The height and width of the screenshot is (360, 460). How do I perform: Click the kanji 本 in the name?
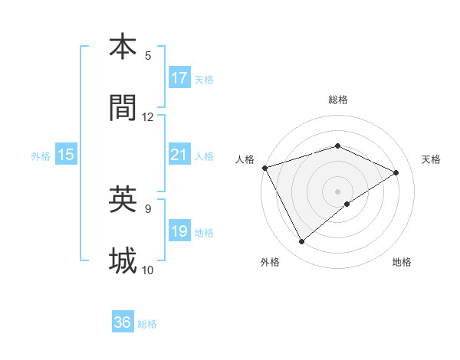coord(123,47)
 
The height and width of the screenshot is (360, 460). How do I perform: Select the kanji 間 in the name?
coord(123,109)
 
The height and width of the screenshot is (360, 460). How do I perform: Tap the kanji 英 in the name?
coord(123,200)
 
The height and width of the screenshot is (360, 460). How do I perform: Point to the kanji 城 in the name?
coord(123,261)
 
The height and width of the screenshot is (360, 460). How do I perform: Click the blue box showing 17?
coord(179,78)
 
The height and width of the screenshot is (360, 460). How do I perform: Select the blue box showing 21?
coord(179,155)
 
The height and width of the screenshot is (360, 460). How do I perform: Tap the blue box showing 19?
coord(179,231)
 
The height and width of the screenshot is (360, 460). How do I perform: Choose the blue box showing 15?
coord(66,155)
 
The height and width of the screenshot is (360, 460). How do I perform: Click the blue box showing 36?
coord(123,322)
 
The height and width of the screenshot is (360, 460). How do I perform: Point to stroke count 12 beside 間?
coord(148,117)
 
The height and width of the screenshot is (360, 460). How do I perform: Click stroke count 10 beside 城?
coord(148,270)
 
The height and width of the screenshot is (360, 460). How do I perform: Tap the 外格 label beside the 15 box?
coord(41,155)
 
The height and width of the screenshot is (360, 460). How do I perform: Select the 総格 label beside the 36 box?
coord(147,324)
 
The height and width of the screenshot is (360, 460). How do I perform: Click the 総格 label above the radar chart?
coord(337,100)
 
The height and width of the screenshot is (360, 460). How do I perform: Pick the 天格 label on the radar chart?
coord(432,159)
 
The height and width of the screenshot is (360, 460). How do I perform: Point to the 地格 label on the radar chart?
coord(402,262)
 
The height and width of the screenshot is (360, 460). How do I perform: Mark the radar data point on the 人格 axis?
coord(264,167)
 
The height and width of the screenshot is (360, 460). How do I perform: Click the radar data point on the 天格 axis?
coord(396,172)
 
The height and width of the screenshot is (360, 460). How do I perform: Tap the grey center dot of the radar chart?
coord(337,191)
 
